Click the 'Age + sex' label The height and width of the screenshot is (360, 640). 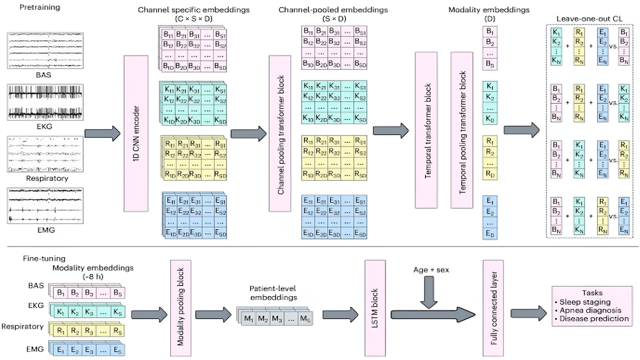[x=430, y=270]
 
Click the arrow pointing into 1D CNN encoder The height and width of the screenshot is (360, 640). [x=102, y=133]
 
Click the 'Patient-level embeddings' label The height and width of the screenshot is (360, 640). [x=265, y=293]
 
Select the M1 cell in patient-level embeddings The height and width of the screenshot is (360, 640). [x=248, y=318]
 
